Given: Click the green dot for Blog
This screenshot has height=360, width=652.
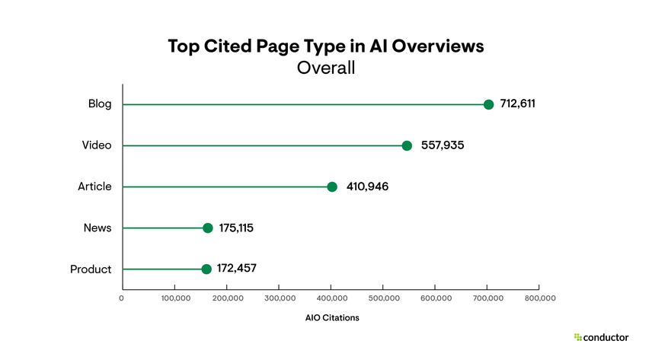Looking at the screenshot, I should point(488,104).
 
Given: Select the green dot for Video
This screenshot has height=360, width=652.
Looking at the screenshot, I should point(407,145).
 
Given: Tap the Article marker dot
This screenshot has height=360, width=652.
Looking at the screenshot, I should point(332,186).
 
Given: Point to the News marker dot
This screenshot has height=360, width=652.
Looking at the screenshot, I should point(208,228).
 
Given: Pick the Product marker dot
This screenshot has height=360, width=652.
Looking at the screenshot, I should point(206,269).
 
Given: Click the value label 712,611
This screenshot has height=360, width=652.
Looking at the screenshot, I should point(518,104).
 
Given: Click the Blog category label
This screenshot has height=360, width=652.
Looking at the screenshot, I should point(100,104).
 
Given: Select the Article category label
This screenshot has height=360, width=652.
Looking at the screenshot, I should point(94,186).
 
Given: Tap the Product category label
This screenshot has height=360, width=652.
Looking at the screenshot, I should point(91,269).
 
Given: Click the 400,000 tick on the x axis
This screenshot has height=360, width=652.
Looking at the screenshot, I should point(331,298).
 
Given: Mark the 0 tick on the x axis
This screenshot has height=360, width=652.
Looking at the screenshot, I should point(122,298).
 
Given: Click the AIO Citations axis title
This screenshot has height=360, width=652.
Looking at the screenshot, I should point(327,317).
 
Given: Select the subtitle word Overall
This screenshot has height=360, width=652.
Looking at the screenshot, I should point(326,68).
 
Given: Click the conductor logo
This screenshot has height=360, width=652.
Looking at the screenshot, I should point(601,336).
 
